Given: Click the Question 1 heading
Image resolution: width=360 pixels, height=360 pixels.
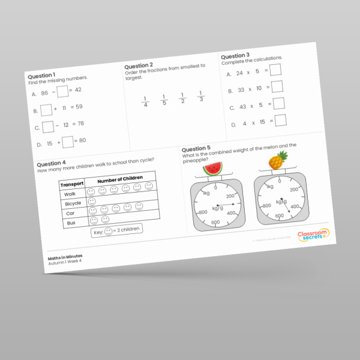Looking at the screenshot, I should click(41, 76).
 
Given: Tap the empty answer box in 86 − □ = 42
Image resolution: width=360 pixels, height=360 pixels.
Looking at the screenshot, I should click(62, 91).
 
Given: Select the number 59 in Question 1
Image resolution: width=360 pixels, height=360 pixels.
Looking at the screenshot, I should click(79, 107).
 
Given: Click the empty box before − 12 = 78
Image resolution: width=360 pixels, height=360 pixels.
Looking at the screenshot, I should click(48, 127).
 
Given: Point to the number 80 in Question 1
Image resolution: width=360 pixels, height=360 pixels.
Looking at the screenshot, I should click(82, 140).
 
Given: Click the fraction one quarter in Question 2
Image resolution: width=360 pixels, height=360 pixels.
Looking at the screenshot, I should click(145, 101).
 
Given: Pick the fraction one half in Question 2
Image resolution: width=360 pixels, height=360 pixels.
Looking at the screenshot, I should click(182, 98).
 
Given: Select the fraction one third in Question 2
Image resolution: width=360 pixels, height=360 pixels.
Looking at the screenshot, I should click(201, 96).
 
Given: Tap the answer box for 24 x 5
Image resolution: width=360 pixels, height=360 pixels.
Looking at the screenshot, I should click(275, 70).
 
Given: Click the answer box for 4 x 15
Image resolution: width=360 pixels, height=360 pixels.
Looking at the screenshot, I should click(280, 120).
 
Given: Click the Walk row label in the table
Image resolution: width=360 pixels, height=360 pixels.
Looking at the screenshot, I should click(70, 194).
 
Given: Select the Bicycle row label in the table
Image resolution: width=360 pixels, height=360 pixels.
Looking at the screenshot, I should click(73, 204).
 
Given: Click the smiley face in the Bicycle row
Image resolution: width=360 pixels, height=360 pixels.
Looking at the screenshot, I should click(92, 202).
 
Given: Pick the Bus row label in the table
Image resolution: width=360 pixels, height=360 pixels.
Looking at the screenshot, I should click(70, 223).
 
